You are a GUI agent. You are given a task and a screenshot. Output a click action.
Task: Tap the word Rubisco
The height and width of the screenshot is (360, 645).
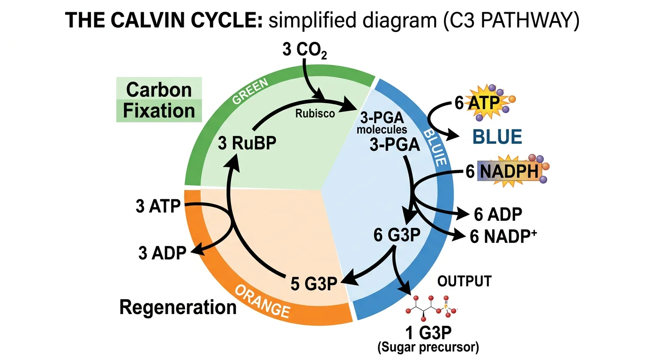315,113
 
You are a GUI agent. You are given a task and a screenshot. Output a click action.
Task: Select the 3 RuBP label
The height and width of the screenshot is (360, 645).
247,142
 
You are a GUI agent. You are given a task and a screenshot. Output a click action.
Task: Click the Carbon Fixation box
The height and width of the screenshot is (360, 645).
159,100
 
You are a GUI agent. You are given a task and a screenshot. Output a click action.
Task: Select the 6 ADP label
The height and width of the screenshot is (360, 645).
498,214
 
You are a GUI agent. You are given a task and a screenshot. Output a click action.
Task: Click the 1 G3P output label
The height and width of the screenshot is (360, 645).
429,334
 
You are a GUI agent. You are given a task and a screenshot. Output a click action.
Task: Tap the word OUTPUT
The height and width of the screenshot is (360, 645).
464,281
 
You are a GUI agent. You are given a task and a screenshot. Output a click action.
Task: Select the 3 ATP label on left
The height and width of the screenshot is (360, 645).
158,206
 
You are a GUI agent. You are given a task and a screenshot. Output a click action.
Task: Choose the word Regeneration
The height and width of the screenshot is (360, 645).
178,307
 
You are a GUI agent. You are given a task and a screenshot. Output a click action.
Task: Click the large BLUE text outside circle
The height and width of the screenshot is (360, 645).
497,137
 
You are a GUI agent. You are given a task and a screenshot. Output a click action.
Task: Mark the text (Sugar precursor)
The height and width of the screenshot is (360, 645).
428,348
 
